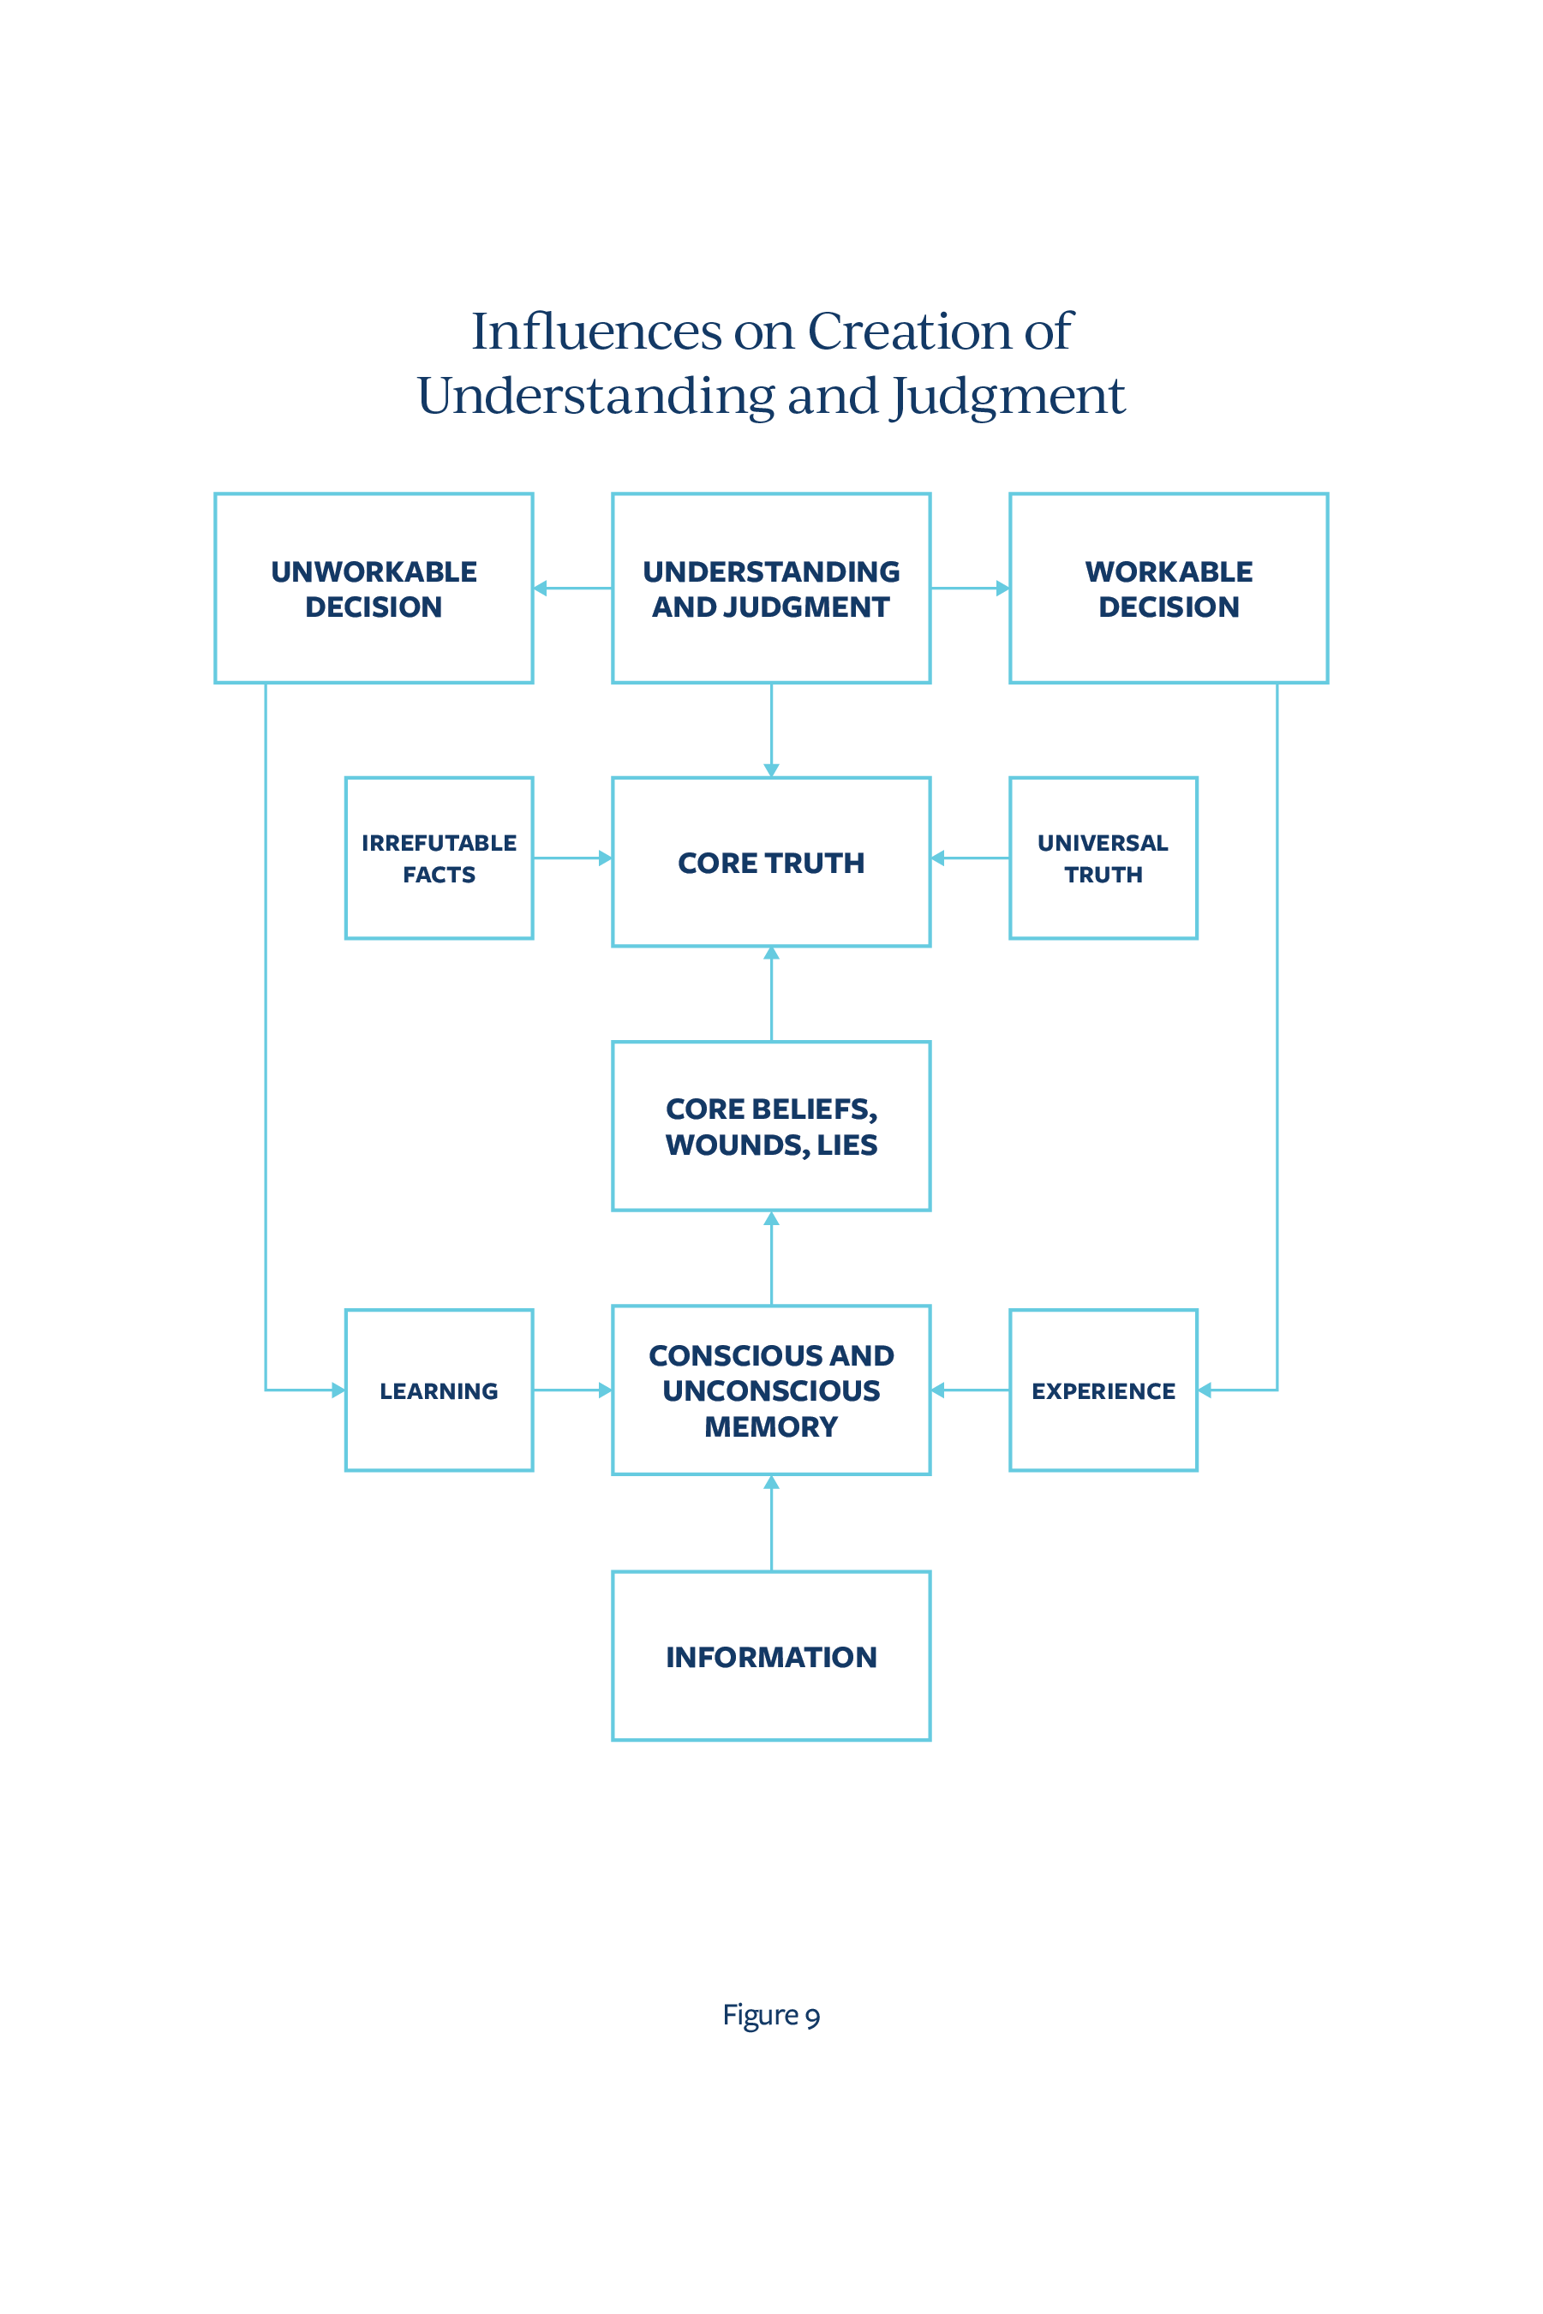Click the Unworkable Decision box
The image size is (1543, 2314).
374,589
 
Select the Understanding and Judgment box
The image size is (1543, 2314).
770,589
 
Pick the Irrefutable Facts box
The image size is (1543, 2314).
439,858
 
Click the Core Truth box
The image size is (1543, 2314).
770,862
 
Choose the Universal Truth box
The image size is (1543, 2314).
1103,858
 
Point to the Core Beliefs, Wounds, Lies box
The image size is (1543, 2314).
770,1126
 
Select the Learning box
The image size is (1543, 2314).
439,1390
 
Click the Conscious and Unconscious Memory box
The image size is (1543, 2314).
770,1390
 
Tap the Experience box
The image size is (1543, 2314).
1103,1390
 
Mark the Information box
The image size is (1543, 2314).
770,1656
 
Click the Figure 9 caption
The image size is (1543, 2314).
770,2016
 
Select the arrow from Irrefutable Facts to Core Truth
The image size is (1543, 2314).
572,858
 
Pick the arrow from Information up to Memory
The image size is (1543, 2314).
771,1522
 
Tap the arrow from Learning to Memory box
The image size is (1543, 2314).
572,1390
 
